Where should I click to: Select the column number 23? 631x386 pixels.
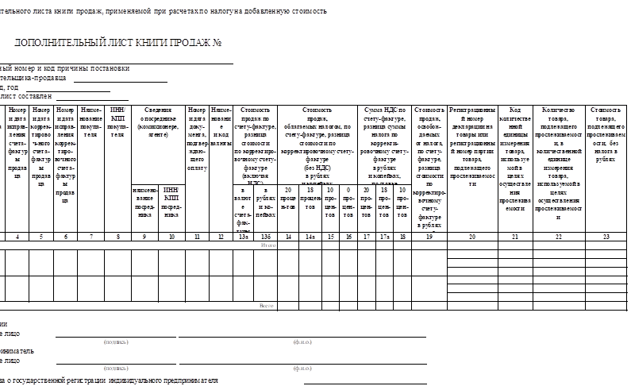point(606,237)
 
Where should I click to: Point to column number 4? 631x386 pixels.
point(17,237)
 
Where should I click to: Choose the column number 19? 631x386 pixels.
point(429,237)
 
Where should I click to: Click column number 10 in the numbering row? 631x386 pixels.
point(171,237)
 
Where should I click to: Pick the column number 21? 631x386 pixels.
point(515,237)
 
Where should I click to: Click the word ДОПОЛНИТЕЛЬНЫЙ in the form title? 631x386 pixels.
point(56,43)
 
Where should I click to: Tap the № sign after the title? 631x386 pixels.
point(216,43)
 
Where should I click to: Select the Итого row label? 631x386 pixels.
point(268,245)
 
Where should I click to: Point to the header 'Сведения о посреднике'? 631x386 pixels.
point(159,122)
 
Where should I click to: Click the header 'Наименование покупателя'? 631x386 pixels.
point(91,122)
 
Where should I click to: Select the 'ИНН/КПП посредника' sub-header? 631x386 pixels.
point(171,202)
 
